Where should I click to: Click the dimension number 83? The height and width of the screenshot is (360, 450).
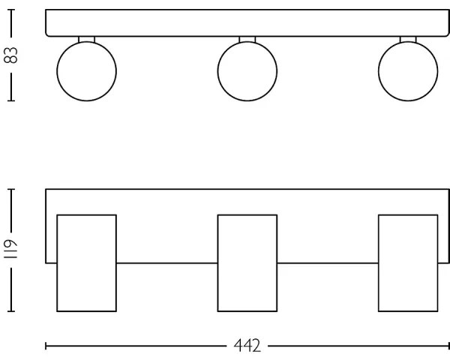11,55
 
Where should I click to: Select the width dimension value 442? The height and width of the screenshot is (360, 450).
247,346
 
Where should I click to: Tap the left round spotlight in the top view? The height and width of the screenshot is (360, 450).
87,71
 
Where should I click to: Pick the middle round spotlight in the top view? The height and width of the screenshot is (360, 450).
247,71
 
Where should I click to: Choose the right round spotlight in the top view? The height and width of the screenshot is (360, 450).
408,71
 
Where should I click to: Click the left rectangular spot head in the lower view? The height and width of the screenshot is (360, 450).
87,262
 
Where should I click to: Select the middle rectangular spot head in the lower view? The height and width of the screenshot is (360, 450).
247,262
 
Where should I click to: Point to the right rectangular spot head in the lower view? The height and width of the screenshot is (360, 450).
408,262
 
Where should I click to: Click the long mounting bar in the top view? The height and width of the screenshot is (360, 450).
247,22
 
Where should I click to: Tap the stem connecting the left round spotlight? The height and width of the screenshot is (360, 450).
87,39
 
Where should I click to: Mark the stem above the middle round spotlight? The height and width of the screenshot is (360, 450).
247,39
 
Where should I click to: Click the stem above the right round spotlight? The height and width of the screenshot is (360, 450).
408,39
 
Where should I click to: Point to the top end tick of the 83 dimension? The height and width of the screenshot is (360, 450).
11,10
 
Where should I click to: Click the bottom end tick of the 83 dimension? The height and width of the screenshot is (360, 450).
11,100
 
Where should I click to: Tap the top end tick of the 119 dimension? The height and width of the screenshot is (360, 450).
11,189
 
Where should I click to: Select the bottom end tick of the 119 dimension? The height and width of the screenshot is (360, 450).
11,310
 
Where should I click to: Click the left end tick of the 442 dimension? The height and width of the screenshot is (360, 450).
46,346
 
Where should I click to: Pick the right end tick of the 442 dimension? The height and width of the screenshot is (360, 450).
448,346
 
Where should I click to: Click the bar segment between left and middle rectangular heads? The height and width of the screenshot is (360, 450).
166,262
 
